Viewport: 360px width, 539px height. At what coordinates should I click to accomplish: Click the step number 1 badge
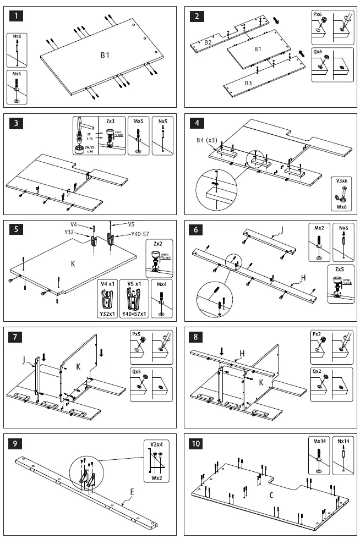tap(18, 16)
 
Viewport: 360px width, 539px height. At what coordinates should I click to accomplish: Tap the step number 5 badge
tap(18, 230)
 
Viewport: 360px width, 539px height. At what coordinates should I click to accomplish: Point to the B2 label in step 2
tap(208, 42)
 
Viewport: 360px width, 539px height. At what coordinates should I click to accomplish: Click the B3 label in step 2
tap(248, 83)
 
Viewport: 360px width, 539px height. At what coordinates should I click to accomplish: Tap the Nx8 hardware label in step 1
tap(18, 37)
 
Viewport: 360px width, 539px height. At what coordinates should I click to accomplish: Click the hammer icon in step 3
tap(83, 127)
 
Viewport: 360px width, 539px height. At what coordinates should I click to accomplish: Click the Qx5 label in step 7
tap(137, 372)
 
